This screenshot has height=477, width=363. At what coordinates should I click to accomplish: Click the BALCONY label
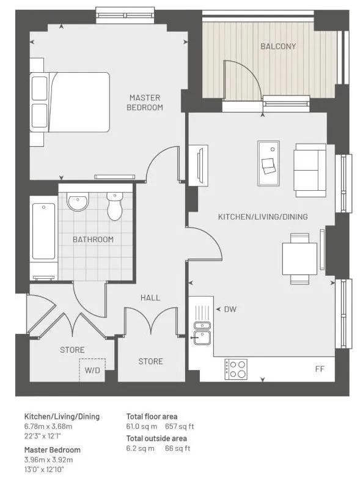tap(278, 46)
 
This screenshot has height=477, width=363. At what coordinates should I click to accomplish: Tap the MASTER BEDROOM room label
tap(145, 103)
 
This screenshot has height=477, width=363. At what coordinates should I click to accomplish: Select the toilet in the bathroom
tap(115, 206)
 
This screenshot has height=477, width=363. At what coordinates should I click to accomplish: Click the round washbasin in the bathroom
tap(78, 201)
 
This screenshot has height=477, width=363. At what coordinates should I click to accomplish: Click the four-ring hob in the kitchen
tap(236, 369)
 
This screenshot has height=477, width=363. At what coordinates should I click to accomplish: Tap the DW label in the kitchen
tap(230, 309)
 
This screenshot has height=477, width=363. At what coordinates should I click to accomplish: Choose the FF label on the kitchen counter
tap(320, 369)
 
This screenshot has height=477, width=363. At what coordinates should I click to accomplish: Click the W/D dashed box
tap(92, 370)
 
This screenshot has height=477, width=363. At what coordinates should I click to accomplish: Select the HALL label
tap(150, 298)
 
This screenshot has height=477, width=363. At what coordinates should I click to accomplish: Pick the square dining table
tap(299, 259)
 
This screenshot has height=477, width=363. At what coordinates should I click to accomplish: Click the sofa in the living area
tap(309, 171)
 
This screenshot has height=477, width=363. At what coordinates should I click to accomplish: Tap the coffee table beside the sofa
tap(268, 163)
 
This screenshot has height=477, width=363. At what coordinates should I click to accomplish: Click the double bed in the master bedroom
tap(70, 102)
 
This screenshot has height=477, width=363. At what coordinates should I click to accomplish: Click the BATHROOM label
tap(93, 239)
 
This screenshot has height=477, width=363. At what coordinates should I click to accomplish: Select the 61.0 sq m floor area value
tap(142, 426)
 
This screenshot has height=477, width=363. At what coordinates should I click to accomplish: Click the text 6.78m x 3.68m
tap(48, 426)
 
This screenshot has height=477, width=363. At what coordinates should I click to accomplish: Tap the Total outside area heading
tap(156, 438)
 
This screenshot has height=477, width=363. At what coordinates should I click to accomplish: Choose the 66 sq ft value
tap(178, 448)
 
